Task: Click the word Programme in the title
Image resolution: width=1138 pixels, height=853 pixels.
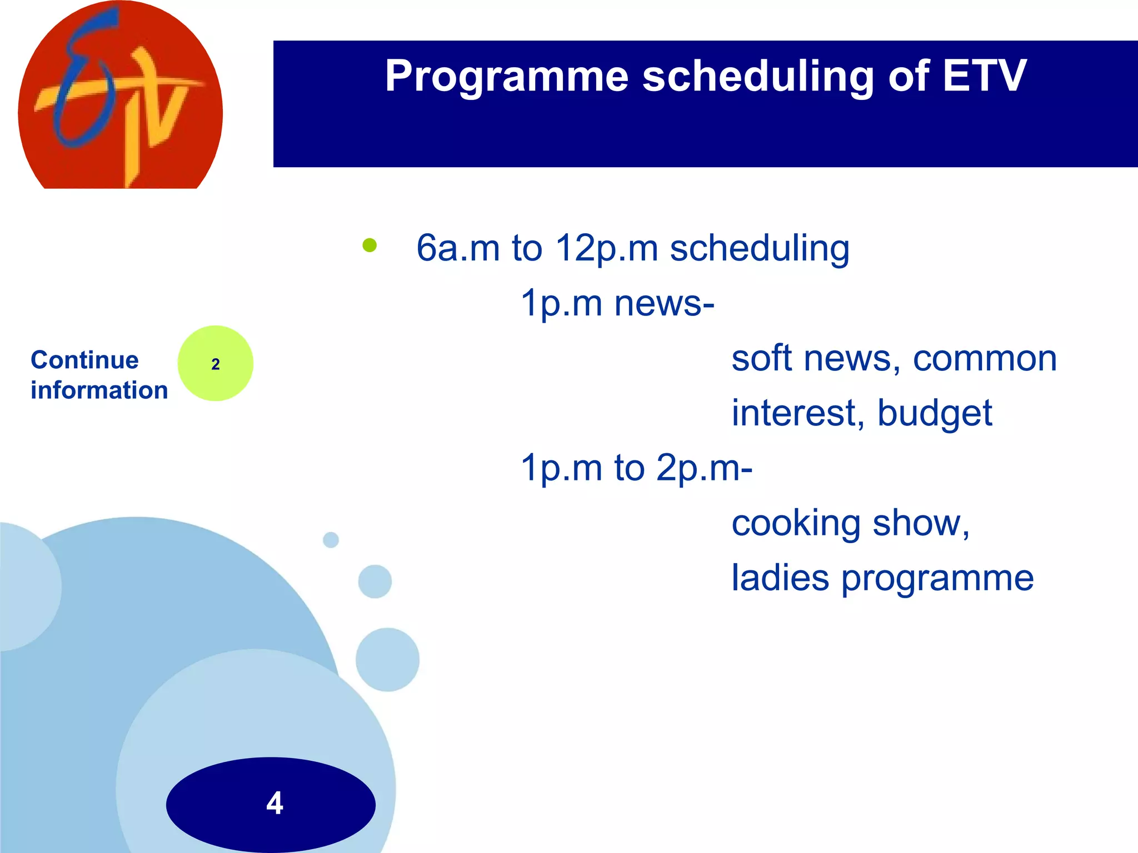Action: pos(506,76)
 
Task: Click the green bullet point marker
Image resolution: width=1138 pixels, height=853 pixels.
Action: pos(370,245)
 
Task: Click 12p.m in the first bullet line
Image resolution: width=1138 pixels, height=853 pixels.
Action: pos(606,248)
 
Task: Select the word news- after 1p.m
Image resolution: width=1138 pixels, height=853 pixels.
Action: pos(664,303)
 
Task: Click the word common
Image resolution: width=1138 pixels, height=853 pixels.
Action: pos(985,358)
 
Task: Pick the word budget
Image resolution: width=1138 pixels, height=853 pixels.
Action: pos(935,413)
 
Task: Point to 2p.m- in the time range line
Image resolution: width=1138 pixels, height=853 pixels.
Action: pos(704,468)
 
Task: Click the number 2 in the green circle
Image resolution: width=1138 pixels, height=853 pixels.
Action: pos(216,364)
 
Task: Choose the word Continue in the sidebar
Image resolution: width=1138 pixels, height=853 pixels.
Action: pos(84,360)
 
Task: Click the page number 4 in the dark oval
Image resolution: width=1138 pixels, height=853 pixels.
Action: pos(274,803)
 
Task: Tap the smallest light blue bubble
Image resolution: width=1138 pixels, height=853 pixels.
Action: pos(331,540)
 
